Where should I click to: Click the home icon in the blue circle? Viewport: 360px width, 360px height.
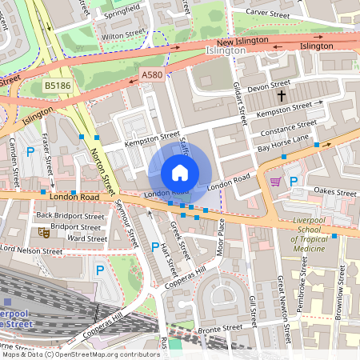180,173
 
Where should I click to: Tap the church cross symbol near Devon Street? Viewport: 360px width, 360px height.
281,96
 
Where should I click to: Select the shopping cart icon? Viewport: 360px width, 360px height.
276,182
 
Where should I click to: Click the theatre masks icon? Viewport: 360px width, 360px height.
42,233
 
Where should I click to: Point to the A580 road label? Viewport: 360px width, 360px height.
151,74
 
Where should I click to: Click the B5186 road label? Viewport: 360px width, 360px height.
58,84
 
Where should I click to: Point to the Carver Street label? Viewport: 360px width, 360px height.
268,14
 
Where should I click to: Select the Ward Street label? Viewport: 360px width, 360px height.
87,238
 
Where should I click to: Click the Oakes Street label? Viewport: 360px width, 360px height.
334,192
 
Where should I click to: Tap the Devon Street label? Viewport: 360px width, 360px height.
270,84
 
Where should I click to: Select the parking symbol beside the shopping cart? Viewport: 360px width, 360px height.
294,182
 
